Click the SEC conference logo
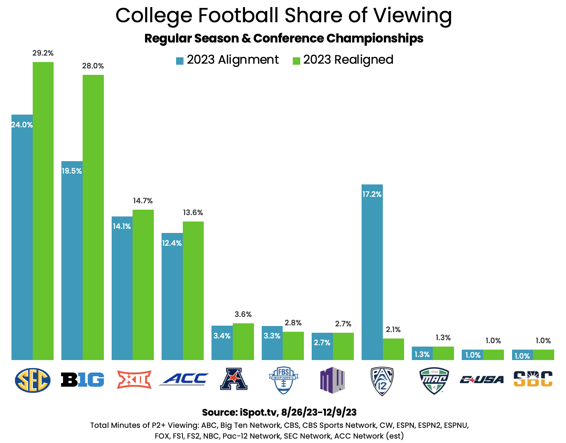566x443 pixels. coord(33,380)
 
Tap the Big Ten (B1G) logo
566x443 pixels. coord(82,380)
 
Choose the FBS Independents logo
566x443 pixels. coord(284,380)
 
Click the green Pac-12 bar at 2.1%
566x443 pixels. coord(393,349)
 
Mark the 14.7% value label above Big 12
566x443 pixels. coord(143,201)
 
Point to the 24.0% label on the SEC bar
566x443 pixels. coord(22,125)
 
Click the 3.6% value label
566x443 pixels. coord(243,315)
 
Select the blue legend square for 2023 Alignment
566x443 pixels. coord(180,61)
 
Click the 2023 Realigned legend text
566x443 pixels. coord(348,60)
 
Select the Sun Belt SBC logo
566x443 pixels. coord(533,379)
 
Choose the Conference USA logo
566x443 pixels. coord(482,380)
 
